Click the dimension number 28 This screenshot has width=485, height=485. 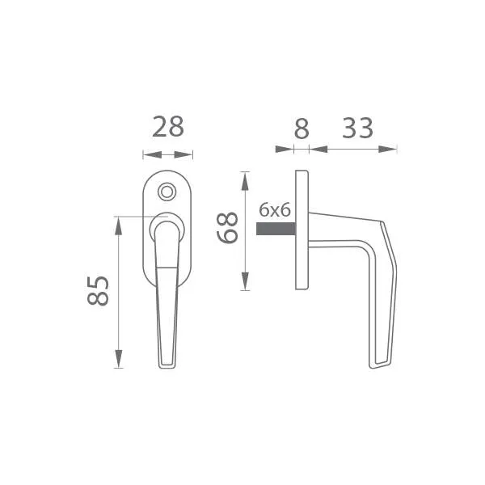[x=168, y=127]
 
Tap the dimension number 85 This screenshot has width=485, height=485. [x=98, y=291]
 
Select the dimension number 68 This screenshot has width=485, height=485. [x=227, y=228]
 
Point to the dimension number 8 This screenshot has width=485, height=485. [x=302, y=129]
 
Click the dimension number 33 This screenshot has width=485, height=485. [x=357, y=128]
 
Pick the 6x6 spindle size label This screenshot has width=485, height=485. [x=275, y=210]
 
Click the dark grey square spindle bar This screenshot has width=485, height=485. [x=276, y=229]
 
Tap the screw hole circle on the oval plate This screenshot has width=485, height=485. [x=167, y=192]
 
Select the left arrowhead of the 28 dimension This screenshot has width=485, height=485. [x=152, y=154]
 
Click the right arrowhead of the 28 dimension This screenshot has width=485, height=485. [x=183, y=154]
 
